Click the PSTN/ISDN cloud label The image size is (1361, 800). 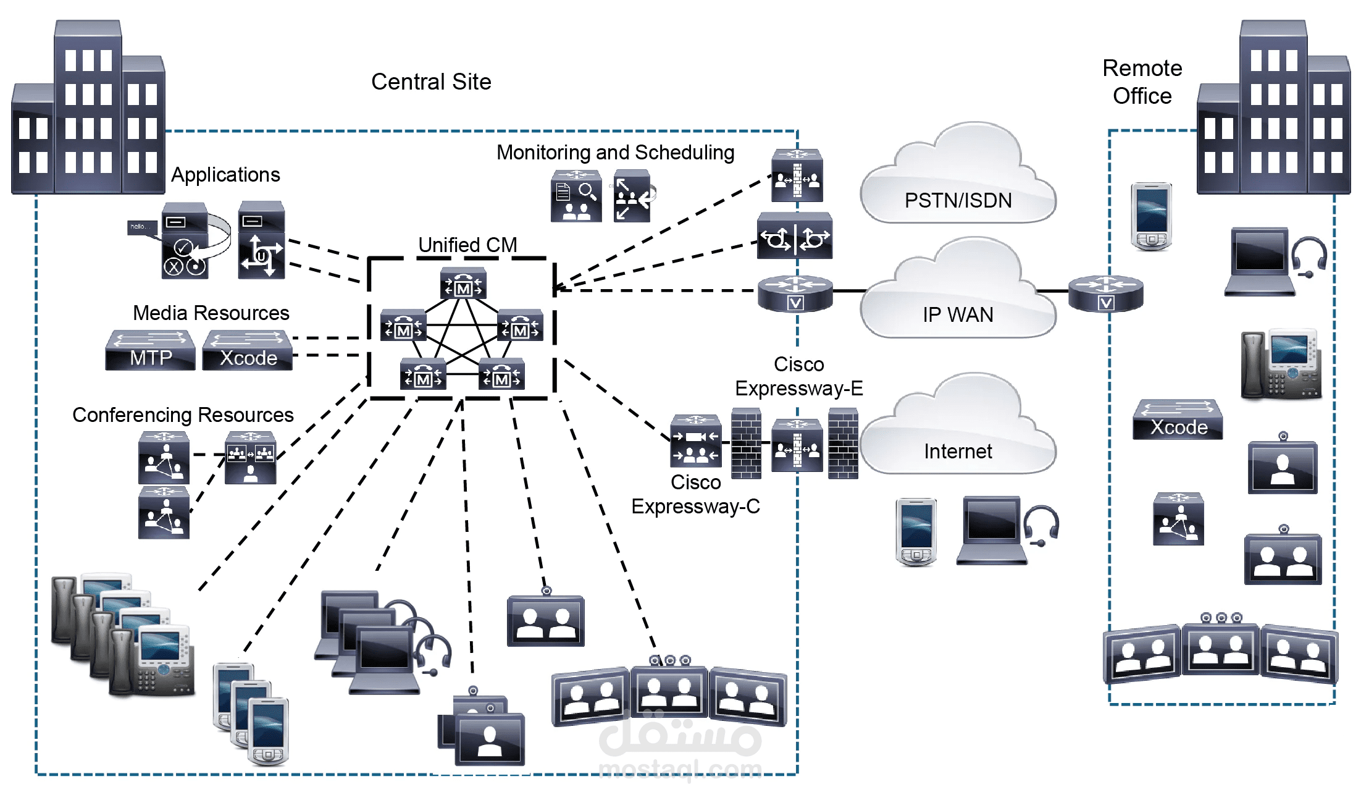[x=958, y=200]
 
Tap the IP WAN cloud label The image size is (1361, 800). [x=958, y=314]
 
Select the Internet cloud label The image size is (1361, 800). [x=958, y=451]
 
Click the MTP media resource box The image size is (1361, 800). [x=150, y=351]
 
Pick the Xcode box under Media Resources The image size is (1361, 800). [x=248, y=351]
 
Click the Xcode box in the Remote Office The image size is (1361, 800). [x=1178, y=420]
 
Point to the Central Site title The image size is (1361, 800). [x=431, y=82]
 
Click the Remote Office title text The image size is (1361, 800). [x=1142, y=82]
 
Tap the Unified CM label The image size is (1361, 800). [x=467, y=245]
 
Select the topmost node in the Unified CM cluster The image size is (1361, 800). [x=463, y=284]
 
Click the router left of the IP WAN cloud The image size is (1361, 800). [x=795, y=294]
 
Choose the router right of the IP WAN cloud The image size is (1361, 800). [x=1106, y=294]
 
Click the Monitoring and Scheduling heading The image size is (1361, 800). [x=615, y=152]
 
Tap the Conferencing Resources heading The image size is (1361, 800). [x=183, y=415]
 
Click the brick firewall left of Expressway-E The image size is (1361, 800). [x=746, y=444]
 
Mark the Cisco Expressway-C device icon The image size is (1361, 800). [x=696, y=441]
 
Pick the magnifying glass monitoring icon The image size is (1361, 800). [x=576, y=196]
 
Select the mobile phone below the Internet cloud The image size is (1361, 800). [x=916, y=532]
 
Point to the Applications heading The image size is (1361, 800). [x=225, y=175]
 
